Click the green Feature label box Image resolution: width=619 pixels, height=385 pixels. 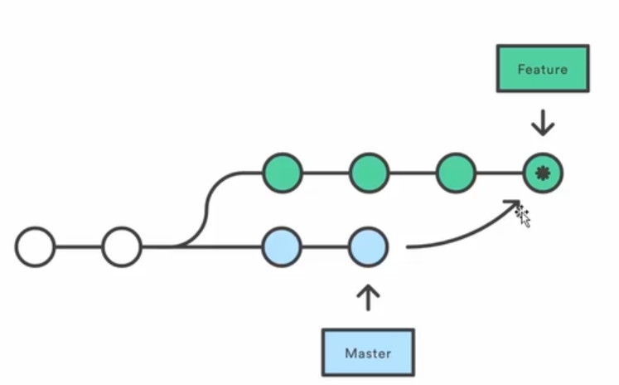543,69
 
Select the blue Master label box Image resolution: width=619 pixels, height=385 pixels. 368,353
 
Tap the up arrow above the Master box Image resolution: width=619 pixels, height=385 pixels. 368,297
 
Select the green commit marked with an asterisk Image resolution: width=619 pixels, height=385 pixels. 543,173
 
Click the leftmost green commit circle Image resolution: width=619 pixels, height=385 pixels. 283,173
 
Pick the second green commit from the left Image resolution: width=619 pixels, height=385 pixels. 369,173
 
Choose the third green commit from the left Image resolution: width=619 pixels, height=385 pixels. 456,173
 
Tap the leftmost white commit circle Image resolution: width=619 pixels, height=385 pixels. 35,247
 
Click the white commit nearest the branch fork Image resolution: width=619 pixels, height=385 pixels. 122,247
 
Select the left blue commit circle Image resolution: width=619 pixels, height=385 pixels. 283,247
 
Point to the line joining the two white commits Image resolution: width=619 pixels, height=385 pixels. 79,247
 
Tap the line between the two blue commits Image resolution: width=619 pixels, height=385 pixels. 326,247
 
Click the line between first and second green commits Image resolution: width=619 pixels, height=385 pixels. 326,173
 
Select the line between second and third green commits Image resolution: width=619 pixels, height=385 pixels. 413,173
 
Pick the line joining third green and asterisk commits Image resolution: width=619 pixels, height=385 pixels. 500,173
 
